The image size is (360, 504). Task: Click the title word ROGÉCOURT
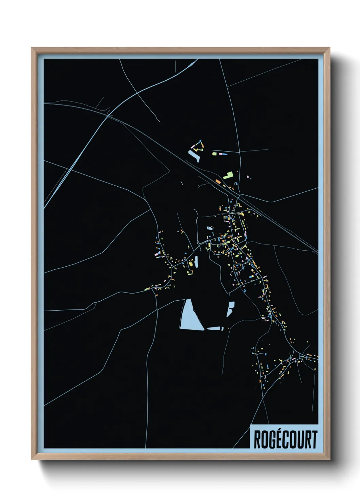click(x=285, y=440)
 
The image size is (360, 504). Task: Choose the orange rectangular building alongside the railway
click(x=218, y=182)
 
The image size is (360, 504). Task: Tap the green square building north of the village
click(x=214, y=154)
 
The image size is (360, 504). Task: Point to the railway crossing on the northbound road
click(x=239, y=195)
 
